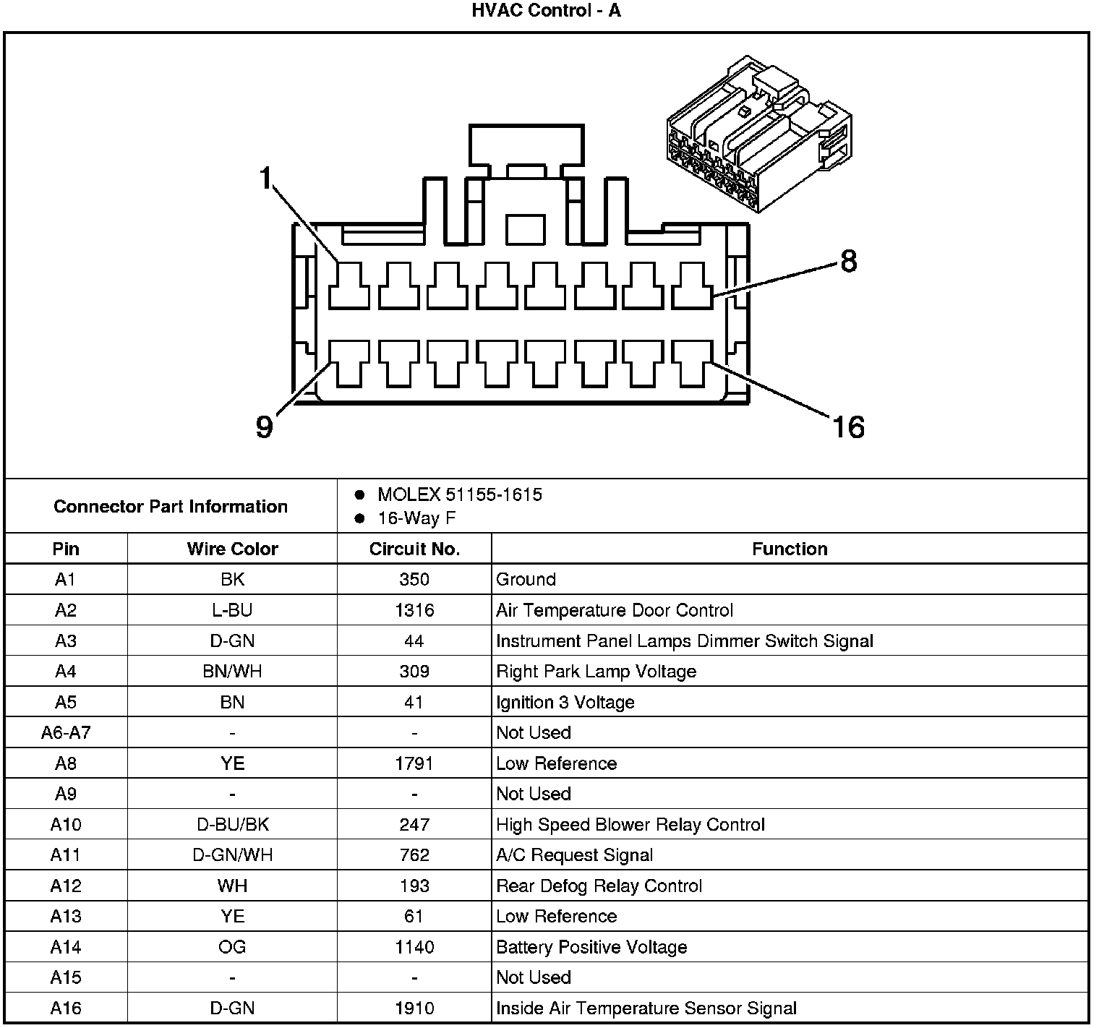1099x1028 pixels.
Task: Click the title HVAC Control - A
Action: pyautogui.click(x=546, y=11)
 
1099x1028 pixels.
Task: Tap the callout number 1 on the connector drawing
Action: pyautogui.click(x=267, y=177)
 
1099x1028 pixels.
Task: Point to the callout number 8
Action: pyautogui.click(x=848, y=261)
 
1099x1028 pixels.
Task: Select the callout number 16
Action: pyautogui.click(x=848, y=427)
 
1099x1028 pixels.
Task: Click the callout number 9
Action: pyautogui.click(x=265, y=427)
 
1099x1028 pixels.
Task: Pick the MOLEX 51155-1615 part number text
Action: pyautogui.click(x=459, y=495)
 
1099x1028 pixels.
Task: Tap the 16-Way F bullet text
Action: pyautogui.click(x=416, y=518)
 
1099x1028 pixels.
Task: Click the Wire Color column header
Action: pyautogui.click(x=232, y=549)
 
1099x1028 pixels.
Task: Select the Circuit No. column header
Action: pyautogui.click(x=414, y=549)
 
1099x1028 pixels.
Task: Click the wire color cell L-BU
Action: pyautogui.click(x=232, y=610)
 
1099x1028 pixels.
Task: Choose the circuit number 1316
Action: pyautogui.click(x=414, y=610)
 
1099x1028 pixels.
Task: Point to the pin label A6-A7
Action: pyautogui.click(x=66, y=732)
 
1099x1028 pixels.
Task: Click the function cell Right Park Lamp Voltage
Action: pyautogui.click(x=596, y=672)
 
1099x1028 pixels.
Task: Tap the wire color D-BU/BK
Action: pyautogui.click(x=232, y=824)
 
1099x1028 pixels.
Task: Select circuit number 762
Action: pyautogui.click(x=414, y=855)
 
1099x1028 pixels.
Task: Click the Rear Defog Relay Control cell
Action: pyautogui.click(x=599, y=886)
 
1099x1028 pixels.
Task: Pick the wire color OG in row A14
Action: pyautogui.click(x=232, y=947)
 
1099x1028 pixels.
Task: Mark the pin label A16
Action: pyautogui.click(x=66, y=1008)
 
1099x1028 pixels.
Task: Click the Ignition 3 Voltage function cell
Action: pyautogui.click(x=565, y=702)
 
